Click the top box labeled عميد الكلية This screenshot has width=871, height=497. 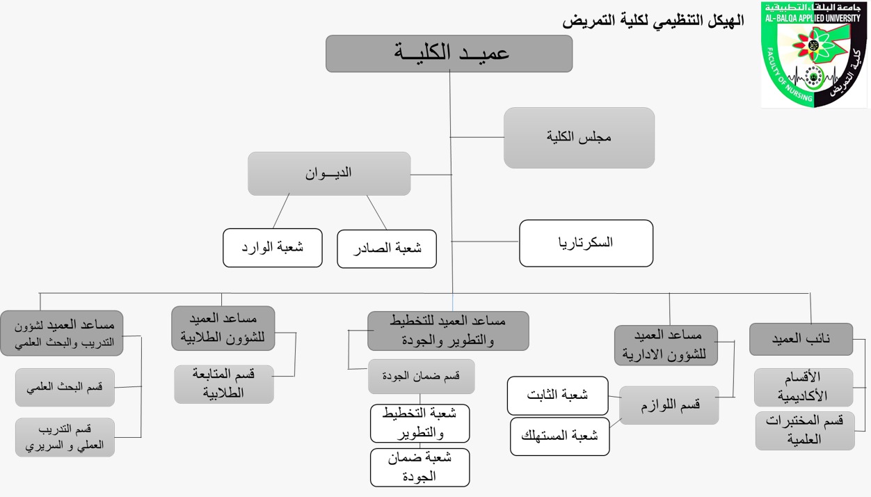click(449, 54)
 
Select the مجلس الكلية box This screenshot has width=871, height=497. click(579, 138)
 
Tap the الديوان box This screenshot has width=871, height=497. click(329, 173)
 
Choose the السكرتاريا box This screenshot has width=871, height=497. click(586, 243)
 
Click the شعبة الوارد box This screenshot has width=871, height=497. click(273, 248)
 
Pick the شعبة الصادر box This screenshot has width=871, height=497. click(387, 248)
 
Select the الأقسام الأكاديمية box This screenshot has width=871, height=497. click(804, 388)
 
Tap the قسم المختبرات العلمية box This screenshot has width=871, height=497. click(804, 430)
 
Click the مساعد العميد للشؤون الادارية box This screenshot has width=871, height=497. click(666, 345)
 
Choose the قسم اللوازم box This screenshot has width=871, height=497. click(669, 405)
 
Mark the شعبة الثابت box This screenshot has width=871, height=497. click(557, 395)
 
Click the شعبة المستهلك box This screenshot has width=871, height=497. click(559, 436)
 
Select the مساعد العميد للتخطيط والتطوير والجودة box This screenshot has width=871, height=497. click(448, 331)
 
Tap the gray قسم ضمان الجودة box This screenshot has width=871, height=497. click(421, 377)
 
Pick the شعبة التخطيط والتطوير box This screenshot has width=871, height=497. click(419, 423)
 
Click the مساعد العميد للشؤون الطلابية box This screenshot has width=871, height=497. click(223, 328)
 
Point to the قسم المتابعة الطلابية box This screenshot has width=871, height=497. click(223, 384)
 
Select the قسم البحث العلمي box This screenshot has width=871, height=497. click(65, 388)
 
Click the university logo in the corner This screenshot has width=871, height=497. click(813, 54)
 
